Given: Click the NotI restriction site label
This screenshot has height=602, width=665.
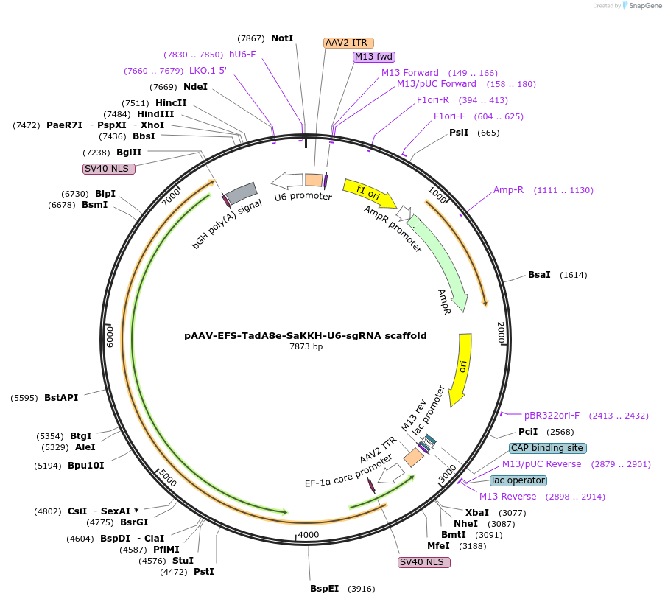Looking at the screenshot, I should point(282,38).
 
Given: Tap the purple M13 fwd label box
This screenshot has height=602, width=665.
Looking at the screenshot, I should point(374,57).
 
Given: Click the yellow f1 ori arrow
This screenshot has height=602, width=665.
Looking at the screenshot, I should point(368,192).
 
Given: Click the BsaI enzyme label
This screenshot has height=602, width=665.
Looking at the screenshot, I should point(539,275).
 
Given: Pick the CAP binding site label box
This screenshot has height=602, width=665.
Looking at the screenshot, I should point(548,448).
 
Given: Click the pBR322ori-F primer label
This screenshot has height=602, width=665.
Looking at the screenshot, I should point(552,416).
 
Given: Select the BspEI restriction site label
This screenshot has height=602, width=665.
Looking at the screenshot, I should point(325,589).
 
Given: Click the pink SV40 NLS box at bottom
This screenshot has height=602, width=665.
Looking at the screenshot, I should point(423,562).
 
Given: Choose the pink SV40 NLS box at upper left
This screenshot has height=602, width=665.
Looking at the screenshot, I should point(109,169).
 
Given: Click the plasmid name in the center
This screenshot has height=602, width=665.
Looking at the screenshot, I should point(305,335).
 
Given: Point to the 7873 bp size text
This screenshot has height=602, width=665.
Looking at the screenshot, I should point(306,346).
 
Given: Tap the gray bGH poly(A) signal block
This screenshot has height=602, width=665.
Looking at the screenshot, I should point(241,193).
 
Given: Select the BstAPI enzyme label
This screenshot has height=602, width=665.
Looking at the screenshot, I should point(61,398).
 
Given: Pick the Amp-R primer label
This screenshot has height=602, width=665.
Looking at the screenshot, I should point(508,190).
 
